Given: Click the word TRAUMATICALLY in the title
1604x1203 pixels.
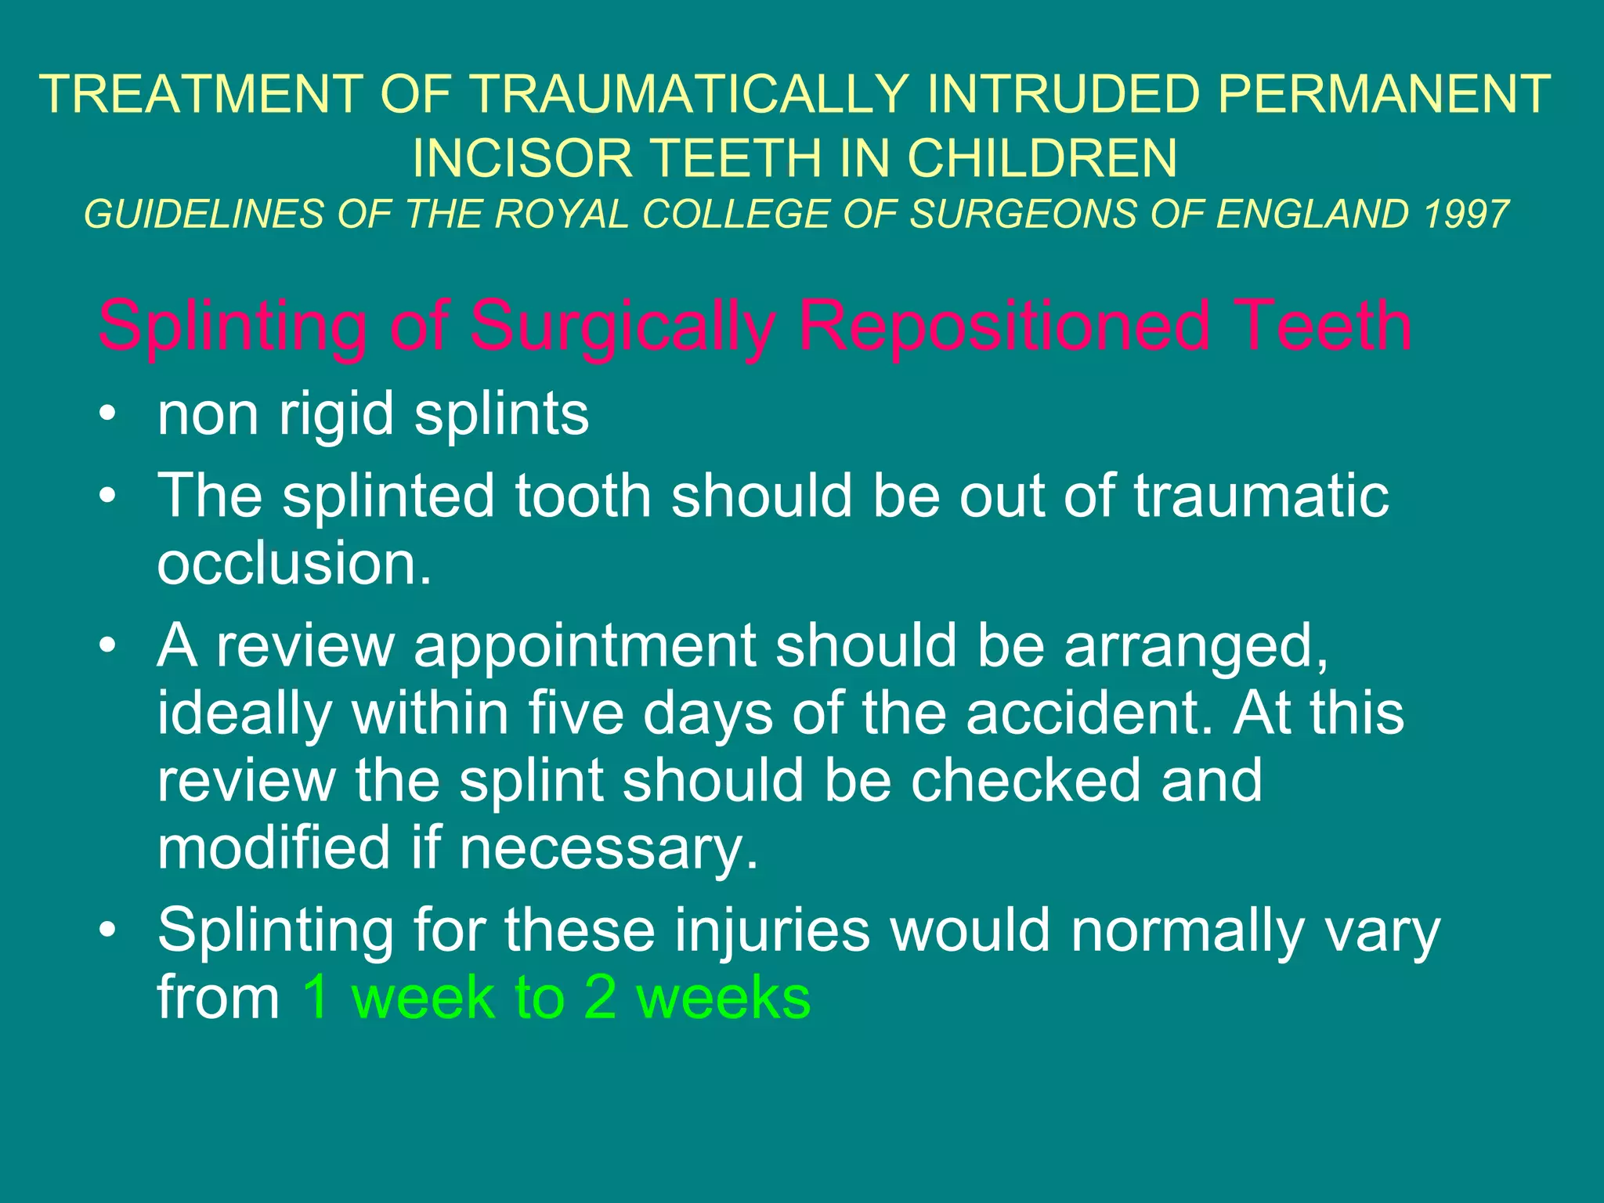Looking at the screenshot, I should coord(689,95).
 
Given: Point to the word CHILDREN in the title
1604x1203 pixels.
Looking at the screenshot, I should coord(1042,158).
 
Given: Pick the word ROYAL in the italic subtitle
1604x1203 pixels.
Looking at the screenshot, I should coord(562,215).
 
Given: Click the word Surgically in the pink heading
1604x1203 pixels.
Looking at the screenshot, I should coord(623,327).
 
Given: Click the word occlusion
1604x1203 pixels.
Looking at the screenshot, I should coord(294,563).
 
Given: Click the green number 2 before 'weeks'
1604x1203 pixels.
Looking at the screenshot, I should coord(600,999).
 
